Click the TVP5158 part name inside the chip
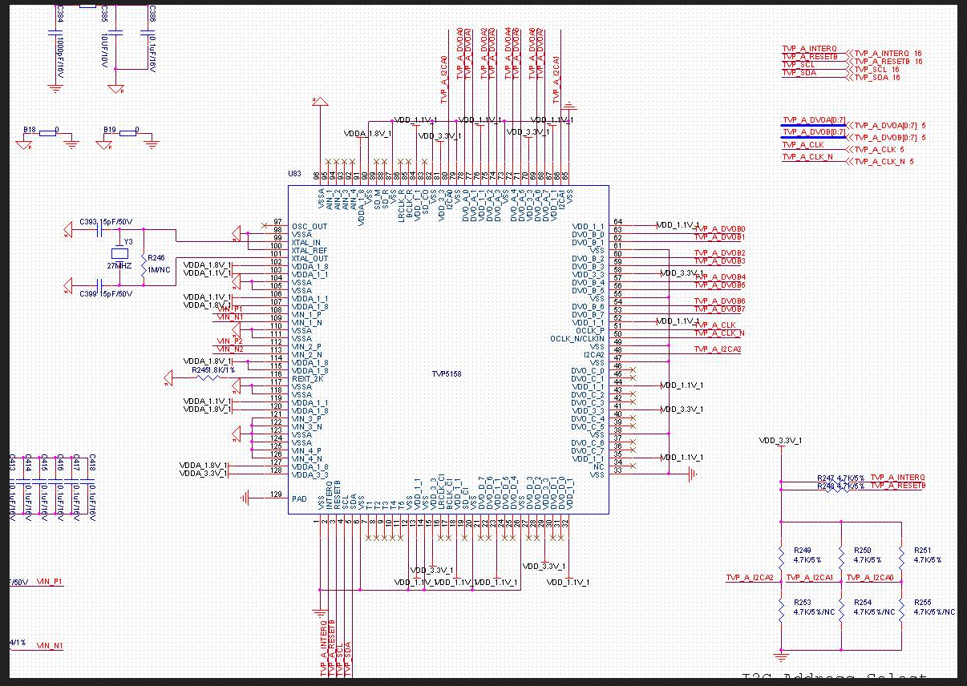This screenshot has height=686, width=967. (447, 373)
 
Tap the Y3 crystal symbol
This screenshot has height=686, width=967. (120, 255)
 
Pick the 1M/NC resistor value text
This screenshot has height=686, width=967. (158, 270)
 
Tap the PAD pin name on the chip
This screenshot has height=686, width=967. (299, 498)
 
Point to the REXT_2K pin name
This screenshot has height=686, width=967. (309, 378)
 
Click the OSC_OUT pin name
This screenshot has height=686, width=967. (310, 226)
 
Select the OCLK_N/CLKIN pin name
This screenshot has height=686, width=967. (577, 338)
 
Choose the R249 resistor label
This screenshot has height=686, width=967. (802, 551)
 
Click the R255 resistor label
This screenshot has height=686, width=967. (923, 602)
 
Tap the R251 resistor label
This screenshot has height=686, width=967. (923, 551)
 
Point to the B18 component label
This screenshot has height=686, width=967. (29, 129)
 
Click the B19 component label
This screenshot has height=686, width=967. (109, 129)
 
